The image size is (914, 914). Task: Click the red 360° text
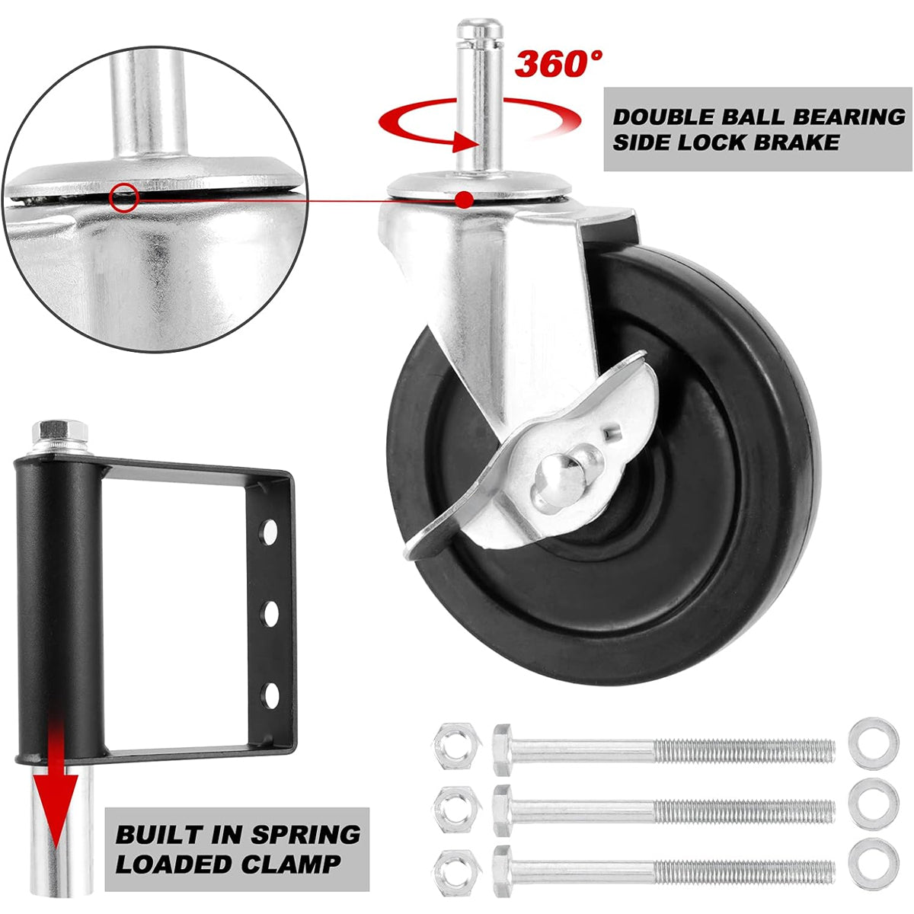pyautogui.click(x=559, y=63)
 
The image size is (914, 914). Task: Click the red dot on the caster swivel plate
pyautogui.click(x=466, y=200)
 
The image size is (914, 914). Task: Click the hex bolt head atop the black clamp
pyautogui.click(x=59, y=431)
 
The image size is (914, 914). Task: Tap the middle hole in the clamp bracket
pyautogui.click(x=270, y=613)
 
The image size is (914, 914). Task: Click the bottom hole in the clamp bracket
pyautogui.click(x=271, y=696)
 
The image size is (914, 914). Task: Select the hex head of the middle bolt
pyautogui.click(x=503, y=810)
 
